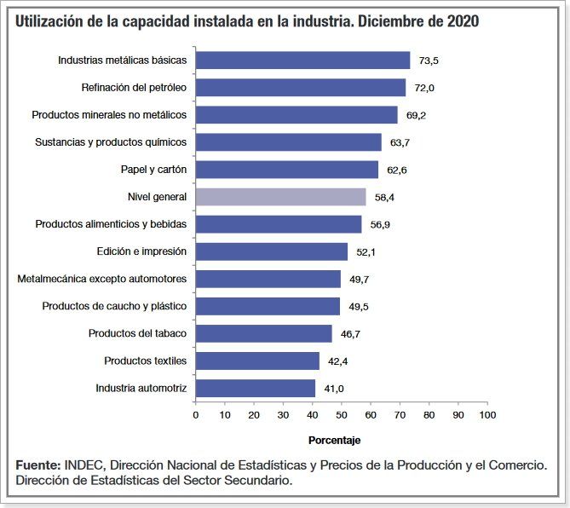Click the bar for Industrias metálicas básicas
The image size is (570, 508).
[x=302, y=61]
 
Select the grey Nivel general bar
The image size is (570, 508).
[x=280, y=197]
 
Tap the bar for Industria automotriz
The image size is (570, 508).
[x=255, y=388]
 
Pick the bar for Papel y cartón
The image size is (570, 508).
[x=286, y=170]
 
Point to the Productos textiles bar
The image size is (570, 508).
[x=257, y=361]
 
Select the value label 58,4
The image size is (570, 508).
[x=385, y=198]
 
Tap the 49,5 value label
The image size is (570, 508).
[x=359, y=307]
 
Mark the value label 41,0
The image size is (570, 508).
[x=334, y=389]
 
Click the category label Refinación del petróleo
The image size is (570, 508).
[x=134, y=88]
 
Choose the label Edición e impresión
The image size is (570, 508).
[x=142, y=251]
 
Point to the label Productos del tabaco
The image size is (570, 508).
[x=137, y=333]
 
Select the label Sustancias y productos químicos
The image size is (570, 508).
[x=111, y=142]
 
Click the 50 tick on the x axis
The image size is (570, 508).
[x=342, y=415]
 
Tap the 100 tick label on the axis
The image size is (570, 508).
[x=487, y=415]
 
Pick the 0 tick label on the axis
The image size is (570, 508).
[x=196, y=415]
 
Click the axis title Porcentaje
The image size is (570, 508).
[x=334, y=440]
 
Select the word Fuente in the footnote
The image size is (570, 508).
[x=37, y=465]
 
